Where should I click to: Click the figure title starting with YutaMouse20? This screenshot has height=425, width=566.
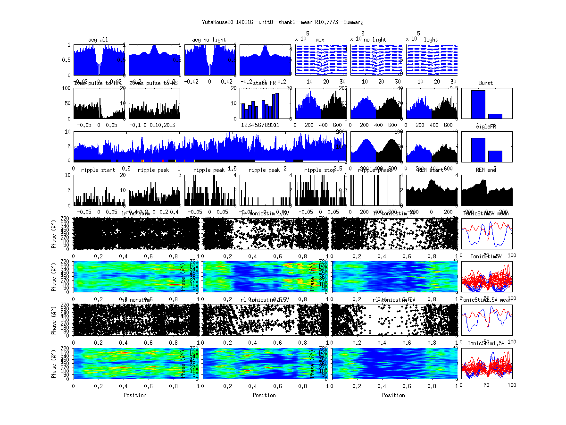pyautogui.click(x=283, y=22)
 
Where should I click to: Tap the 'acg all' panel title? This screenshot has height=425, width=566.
pyautogui.click(x=98, y=40)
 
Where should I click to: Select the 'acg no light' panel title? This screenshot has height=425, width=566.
pyautogui.click(x=209, y=40)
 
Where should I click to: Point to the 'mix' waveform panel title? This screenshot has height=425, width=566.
pyautogui.click(x=320, y=40)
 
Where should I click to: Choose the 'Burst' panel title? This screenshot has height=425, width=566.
pyautogui.click(x=486, y=83)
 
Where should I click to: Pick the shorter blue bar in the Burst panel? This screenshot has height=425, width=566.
pyautogui.click(x=495, y=116)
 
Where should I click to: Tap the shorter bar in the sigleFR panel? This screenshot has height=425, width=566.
pyautogui.click(x=495, y=156)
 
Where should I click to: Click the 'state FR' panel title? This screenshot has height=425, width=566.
pyautogui.click(x=265, y=83)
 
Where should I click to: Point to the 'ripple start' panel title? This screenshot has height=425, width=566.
pyautogui.click(x=98, y=170)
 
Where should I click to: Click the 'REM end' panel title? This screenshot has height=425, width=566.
pyautogui.click(x=486, y=170)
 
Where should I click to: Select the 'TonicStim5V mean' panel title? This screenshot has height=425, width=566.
pyautogui.click(x=486, y=214)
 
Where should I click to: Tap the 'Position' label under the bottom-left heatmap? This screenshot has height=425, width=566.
pyautogui.click(x=135, y=395)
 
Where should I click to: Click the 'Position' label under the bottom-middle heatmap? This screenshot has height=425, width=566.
pyautogui.click(x=265, y=395)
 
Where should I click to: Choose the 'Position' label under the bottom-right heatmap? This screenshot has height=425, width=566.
pyautogui.click(x=394, y=395)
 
